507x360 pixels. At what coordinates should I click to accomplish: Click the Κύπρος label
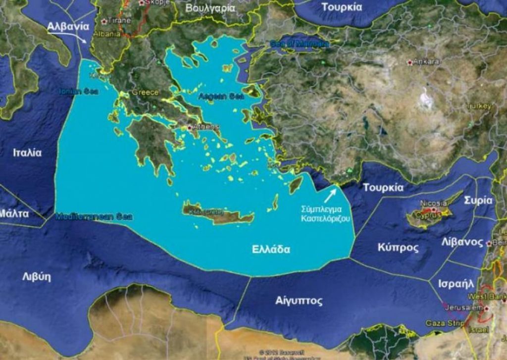click(398, 247)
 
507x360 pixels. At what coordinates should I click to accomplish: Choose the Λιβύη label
click(37, 276)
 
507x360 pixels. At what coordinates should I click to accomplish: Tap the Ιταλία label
click(27, 152)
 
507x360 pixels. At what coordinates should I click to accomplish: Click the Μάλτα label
click(14, 214)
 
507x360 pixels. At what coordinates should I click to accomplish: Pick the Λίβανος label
click(462, 242)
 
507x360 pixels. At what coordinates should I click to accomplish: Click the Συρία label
click(478, 200)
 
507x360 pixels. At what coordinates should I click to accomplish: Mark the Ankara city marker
click(409, 62)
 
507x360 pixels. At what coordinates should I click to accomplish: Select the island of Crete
click(218, 214)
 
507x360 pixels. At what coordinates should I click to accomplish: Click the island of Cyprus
click(428, 216)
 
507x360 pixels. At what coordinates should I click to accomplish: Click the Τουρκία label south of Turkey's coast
click(383, 188)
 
